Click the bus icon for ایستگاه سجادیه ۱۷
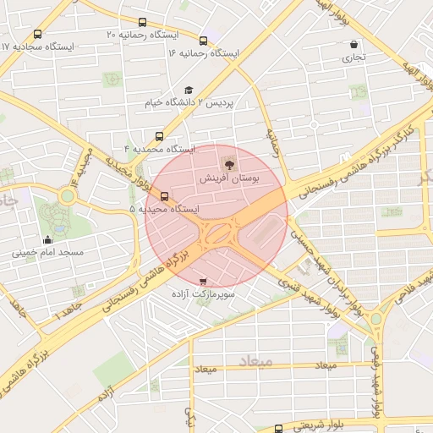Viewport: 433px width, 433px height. point(38,35)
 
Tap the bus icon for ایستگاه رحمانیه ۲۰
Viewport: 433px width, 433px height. point(142,23)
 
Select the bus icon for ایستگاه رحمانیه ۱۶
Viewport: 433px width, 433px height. point(203,41)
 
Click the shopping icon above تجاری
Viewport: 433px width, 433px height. point(353,45)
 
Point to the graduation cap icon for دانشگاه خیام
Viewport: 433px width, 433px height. point(189,90)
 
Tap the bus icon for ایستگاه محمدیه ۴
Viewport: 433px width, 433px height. point(160,135)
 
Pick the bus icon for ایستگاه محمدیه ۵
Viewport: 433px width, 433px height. point(164,196)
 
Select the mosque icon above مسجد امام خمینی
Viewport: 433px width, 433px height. point(47,239)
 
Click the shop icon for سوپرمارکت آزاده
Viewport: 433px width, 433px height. point(202,281)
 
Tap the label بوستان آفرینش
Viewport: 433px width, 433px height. point(229,179)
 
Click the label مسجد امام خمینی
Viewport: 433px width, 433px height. point(47,252)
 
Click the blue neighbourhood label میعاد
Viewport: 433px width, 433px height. point(256,361)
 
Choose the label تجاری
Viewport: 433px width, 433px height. point(353,58)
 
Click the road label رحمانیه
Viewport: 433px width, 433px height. point(272,140)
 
